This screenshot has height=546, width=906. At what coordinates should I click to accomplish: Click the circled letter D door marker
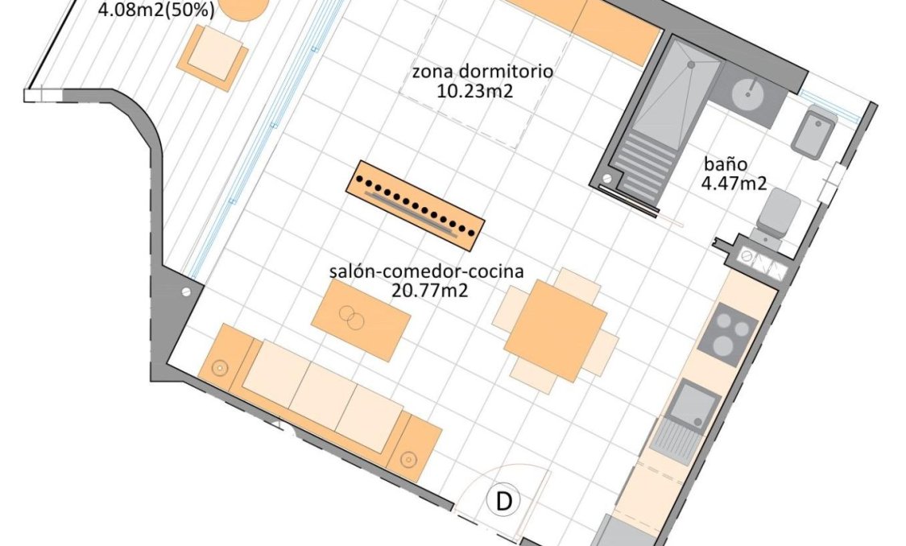pos(503,502)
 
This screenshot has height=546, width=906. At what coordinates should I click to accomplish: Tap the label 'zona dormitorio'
pos(482,71)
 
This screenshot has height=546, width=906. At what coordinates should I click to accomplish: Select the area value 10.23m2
pos(474,90)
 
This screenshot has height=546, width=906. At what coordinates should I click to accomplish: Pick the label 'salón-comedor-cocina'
pos(426,271)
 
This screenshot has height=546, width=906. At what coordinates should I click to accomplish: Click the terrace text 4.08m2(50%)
pos(155,11)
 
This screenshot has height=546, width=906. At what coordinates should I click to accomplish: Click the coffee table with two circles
pos(361,321)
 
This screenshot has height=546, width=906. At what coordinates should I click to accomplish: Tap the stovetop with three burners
pos(727,335)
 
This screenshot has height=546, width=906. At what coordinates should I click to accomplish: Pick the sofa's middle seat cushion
pos(322,395)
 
